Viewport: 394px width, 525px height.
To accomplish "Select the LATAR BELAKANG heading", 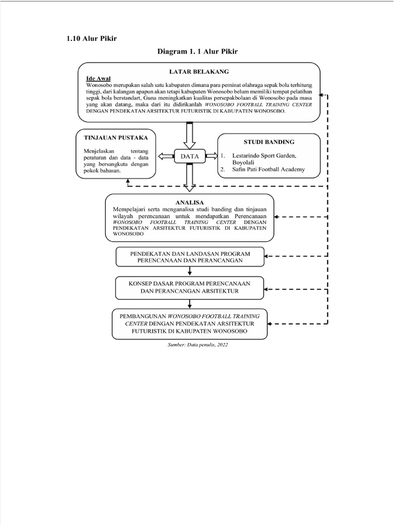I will [199, 71].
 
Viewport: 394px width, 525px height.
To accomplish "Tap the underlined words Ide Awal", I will [98, 78].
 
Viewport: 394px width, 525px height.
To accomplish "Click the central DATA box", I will [189, 156].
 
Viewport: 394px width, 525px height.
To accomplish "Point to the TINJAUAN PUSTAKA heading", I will [112, 137].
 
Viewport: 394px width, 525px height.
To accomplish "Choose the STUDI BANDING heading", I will [269, 142].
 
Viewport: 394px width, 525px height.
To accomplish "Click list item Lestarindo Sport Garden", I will [264, 154].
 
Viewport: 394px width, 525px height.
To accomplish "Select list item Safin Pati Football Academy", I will [268, 169].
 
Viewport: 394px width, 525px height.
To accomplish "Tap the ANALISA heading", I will [190, 202].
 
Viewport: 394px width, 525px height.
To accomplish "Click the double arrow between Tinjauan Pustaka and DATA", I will [166, 156].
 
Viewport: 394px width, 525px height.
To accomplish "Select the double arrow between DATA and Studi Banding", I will [211, 156].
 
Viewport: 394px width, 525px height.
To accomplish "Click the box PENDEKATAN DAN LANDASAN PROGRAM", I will [190, 256].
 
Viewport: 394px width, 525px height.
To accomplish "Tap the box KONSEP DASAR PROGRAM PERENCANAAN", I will [190, 288].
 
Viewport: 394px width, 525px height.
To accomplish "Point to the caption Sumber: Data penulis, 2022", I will [198, 345].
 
